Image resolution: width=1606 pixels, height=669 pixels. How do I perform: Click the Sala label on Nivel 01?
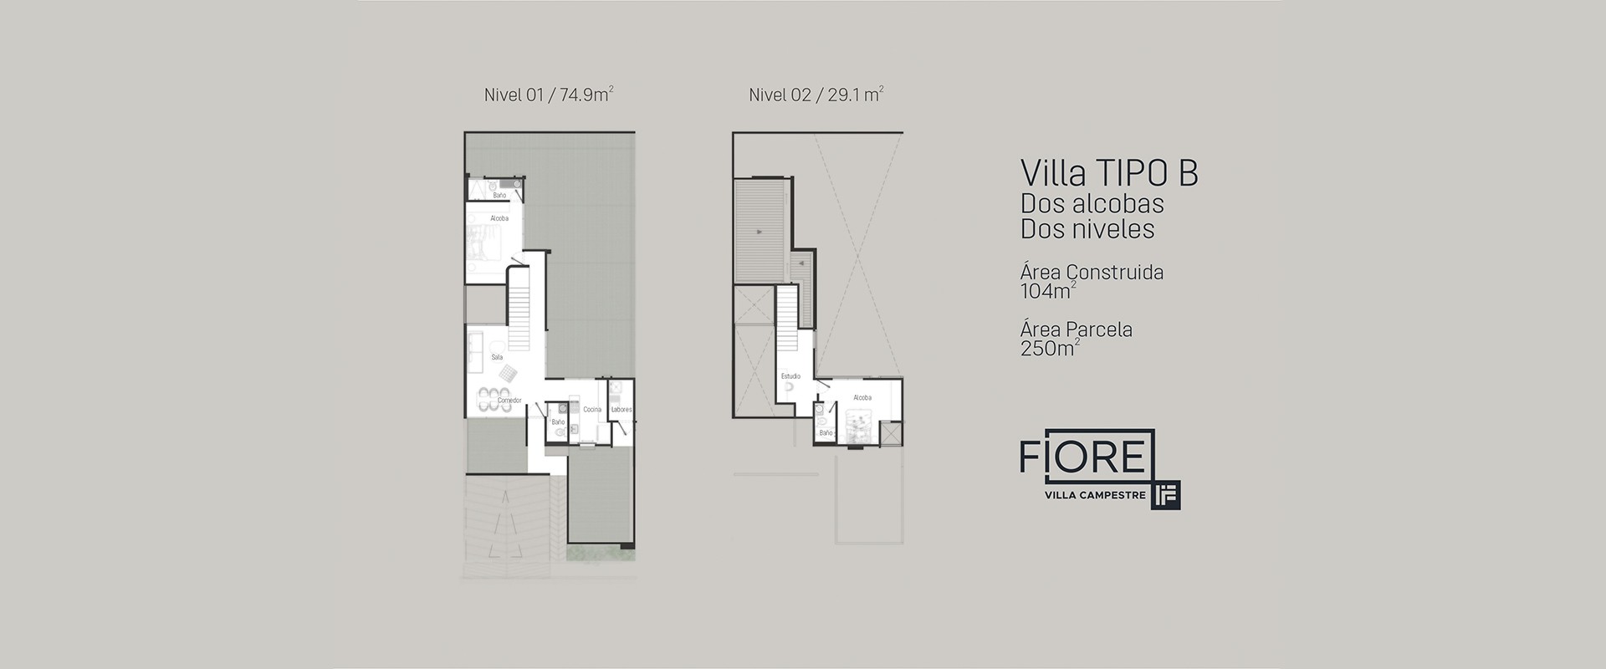pos(497,357)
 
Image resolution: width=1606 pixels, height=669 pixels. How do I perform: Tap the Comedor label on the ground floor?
pos(509,401)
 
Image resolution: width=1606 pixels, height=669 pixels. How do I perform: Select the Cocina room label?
pos(592,409)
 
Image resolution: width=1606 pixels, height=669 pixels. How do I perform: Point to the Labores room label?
pos(621,409)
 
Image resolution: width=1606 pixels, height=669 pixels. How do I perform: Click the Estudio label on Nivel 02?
pos(790,376)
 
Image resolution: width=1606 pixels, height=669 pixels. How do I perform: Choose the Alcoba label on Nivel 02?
pos(862,397)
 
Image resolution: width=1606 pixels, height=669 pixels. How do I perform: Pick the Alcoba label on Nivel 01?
pos(499,218)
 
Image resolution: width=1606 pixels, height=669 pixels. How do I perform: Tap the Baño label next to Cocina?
pos(559,423)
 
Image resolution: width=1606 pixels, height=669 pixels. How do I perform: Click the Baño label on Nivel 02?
pos(826,432)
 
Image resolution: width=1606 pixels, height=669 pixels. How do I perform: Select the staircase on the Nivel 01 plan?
pos(520,309)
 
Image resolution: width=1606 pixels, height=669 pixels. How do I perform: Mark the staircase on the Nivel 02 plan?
pos(788,322)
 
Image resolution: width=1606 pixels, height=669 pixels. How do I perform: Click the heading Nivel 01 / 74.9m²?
pos(549,94)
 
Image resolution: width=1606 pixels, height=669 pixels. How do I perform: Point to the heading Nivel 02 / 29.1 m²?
pos(816,94)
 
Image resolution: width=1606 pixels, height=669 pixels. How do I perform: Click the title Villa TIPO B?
pos(1109,173)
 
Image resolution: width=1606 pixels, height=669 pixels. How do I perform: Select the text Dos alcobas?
pos(1092,203)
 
